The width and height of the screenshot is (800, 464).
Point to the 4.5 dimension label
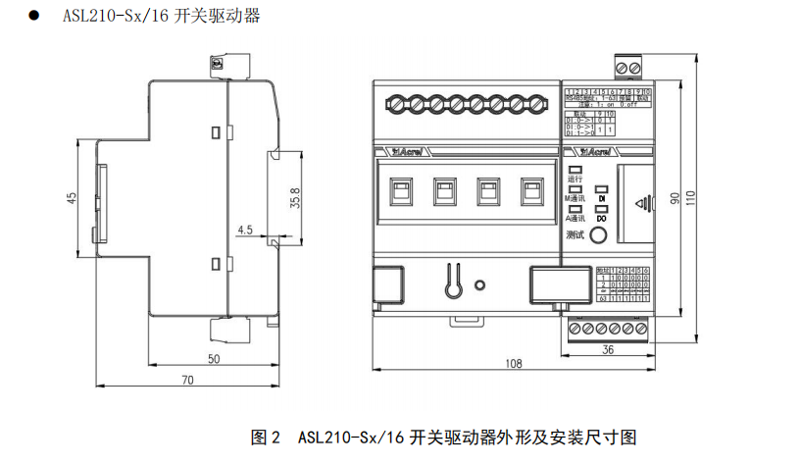click(x=245, y=230)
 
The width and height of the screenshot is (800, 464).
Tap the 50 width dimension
click(x=214, y=359)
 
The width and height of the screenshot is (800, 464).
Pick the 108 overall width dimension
click(x=513, y=364)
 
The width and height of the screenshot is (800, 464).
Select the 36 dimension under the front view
click(x=608, y=349)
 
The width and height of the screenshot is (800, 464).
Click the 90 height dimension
click(x=675, y=198)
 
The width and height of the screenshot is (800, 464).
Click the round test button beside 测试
click(x=597, y=234)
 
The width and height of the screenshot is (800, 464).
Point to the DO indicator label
click(x=602, y=217)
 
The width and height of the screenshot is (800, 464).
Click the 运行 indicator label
click(x=575, y=180)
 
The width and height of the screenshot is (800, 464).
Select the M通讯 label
click(x=575, y=198)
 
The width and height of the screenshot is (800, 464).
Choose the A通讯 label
click(x=575, y=217)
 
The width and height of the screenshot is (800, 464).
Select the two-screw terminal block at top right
click(x=628, y=67)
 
